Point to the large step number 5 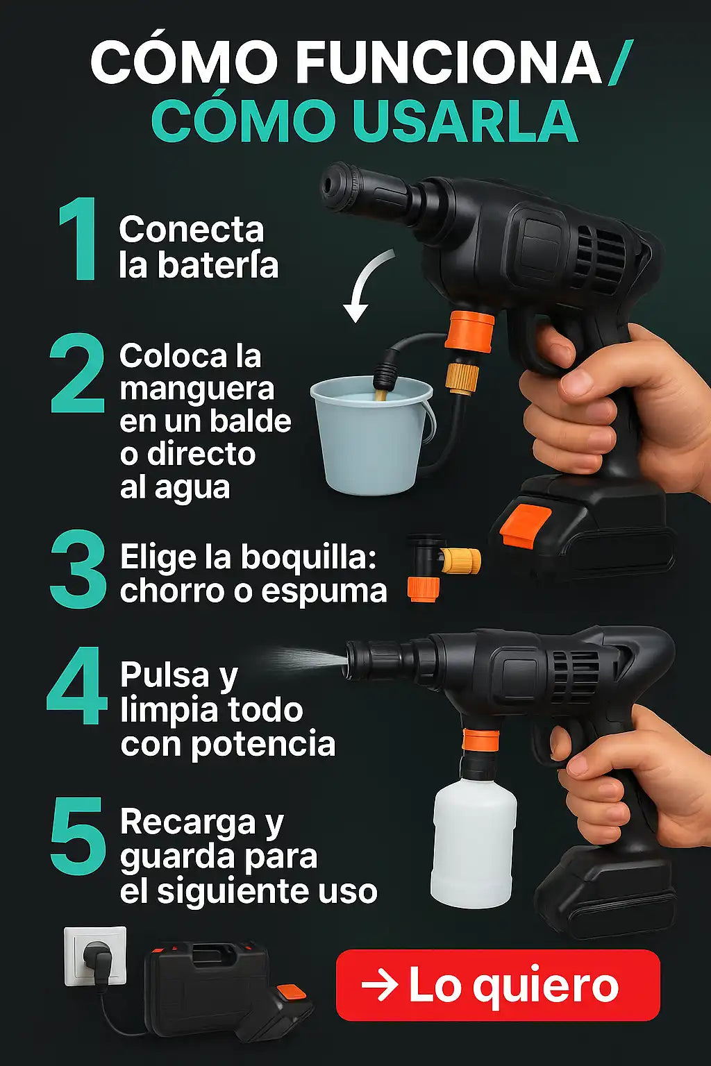78,836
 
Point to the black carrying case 205,983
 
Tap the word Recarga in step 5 188,822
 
